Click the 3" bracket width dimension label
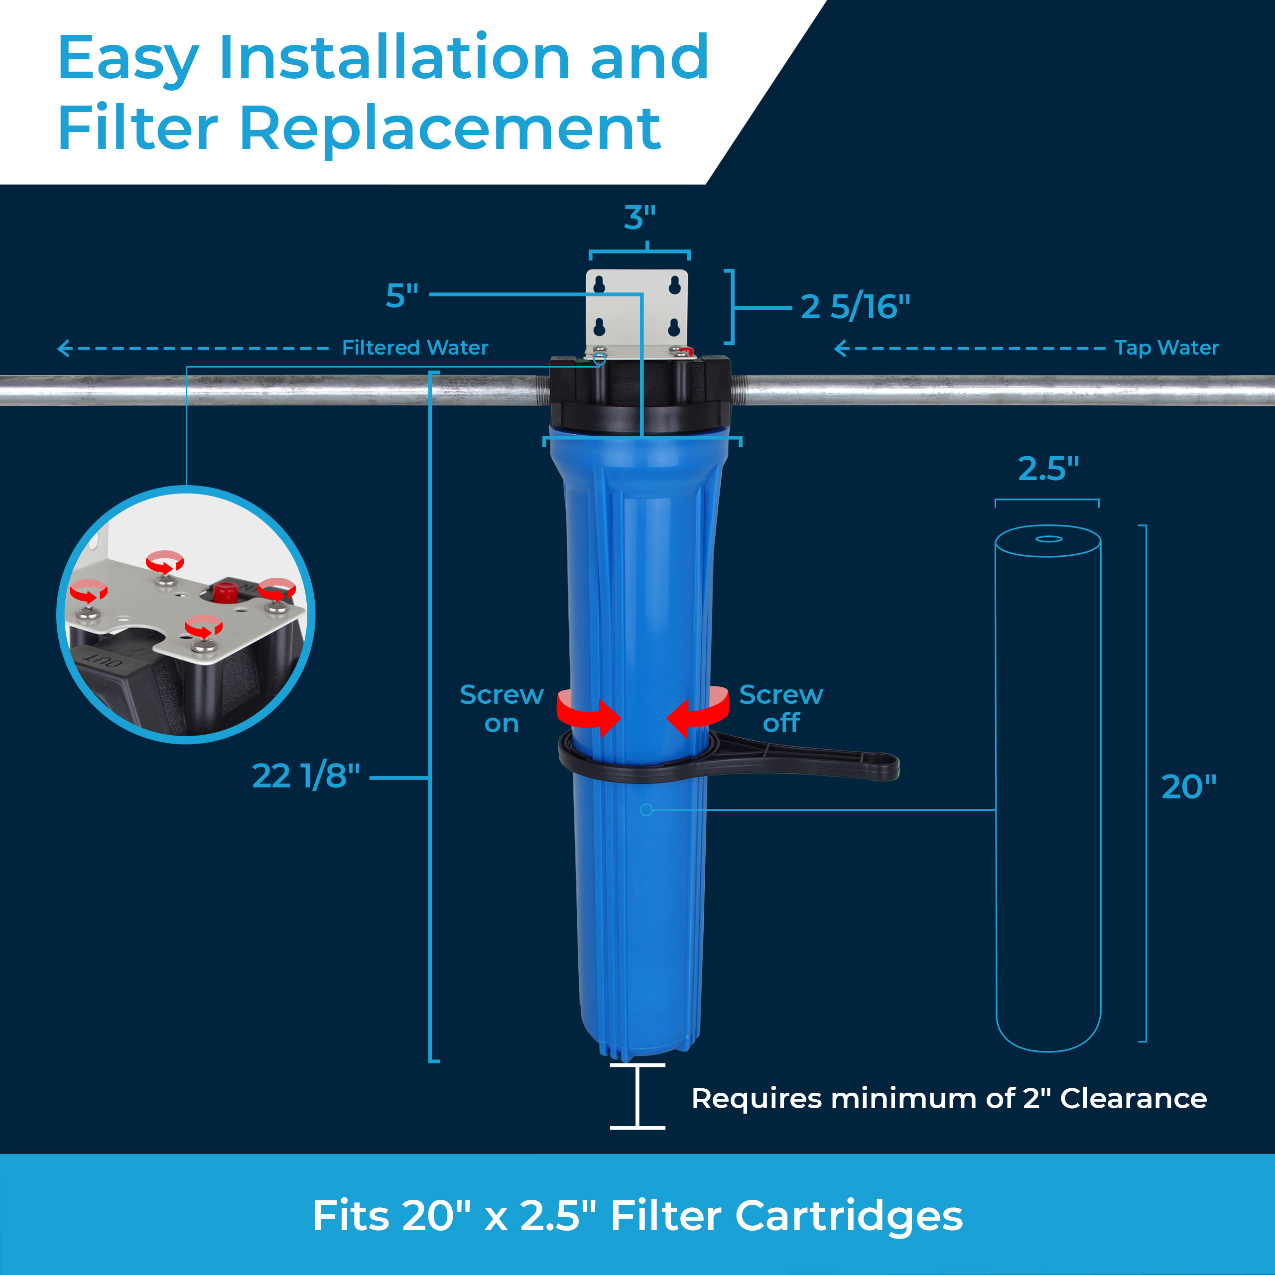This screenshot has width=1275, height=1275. (x=639, y=217)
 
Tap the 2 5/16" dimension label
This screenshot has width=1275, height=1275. (x=855, y=306)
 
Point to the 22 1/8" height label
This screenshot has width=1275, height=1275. (x=305, y=775)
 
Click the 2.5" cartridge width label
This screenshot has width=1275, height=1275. (x=1048, y=469)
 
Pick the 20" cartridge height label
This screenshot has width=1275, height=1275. (x=1188, y=786)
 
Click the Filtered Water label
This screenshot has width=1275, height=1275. (x=414, y=348)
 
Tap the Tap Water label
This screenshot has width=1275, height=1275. (x=1166, y=348)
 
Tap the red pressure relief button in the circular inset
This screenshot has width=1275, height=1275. (x=225, y=592)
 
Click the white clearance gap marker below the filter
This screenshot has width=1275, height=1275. (x=637, y=1096)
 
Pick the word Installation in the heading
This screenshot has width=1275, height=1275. (x=394, y=58)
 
